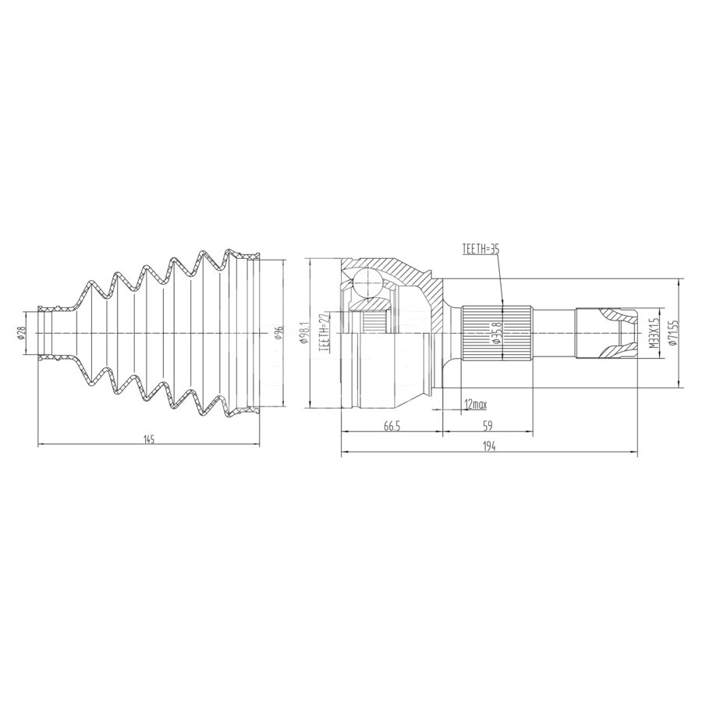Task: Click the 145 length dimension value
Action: [x=149, y=439]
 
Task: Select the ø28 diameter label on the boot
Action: [x=21, y=332]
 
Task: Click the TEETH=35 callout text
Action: [x=480, y=250]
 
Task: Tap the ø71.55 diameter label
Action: [x=674, y=332]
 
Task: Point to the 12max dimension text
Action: [x=476, y=405]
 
